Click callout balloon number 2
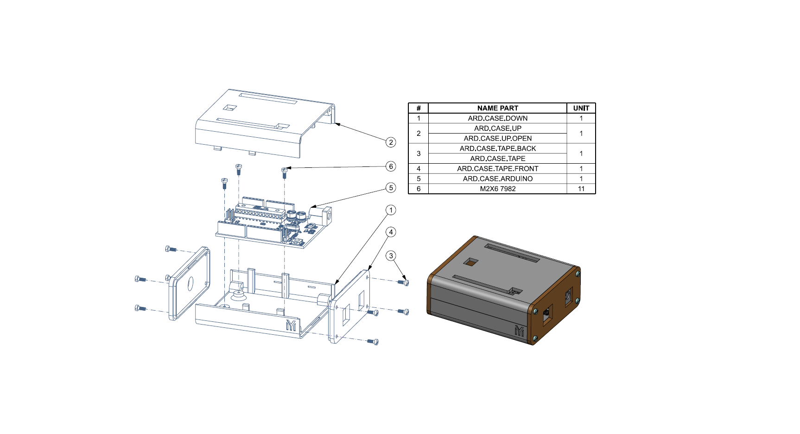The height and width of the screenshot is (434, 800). (391, 142)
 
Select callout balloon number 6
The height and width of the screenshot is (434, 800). (391, 166)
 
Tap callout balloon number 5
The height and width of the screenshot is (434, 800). (391, 188)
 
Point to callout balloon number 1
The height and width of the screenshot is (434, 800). (391, 210)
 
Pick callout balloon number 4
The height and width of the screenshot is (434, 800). (391, 232)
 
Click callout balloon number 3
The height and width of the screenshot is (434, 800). (391, 255)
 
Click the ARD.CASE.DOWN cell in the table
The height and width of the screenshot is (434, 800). (497, 118)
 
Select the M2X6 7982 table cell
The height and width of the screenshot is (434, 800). (497, 189)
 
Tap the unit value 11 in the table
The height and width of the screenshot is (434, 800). (581, 189)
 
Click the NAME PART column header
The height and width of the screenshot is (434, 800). (497, 108)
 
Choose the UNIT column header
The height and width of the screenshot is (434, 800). (581, 108)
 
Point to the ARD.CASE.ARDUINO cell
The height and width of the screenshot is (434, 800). (497, 179)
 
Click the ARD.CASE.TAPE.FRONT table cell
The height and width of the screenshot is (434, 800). (497, 169)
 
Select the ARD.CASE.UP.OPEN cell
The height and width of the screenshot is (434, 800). (497, 138)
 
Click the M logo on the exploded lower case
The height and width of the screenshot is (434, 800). (291, 325)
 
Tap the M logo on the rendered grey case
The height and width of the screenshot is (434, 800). (519, 331)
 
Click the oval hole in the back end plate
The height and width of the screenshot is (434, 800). (190, 284)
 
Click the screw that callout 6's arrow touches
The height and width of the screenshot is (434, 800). (285, 172)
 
